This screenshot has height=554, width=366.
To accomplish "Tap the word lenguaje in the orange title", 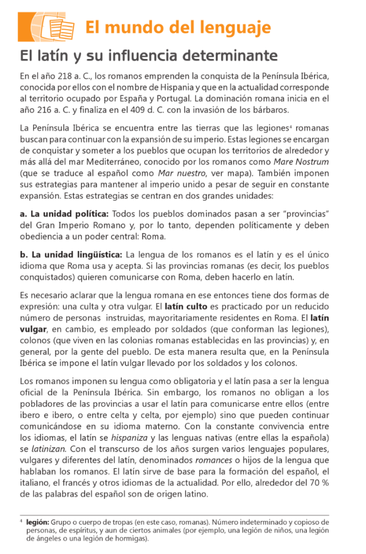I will click(x=234, y=27).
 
